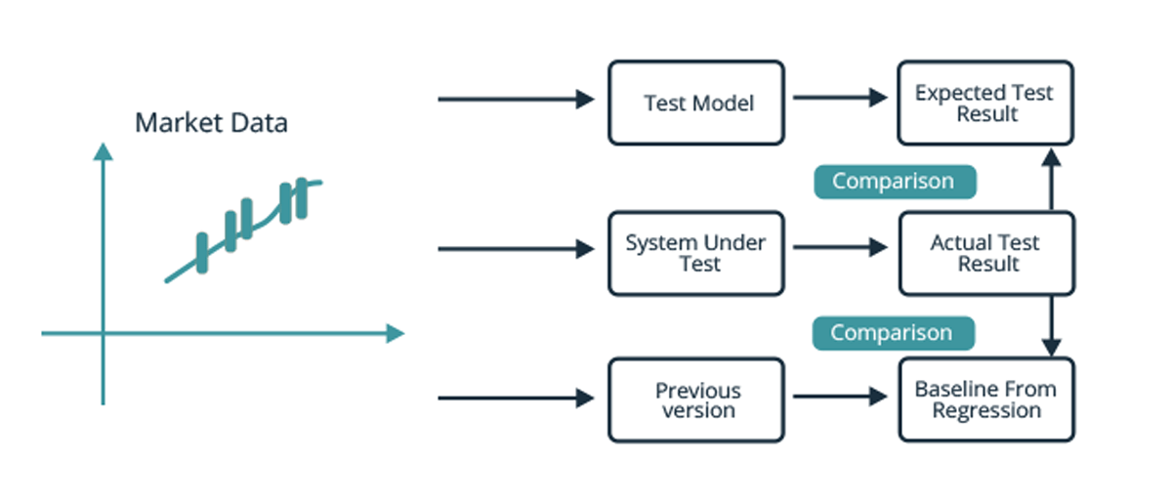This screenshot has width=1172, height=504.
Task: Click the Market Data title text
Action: [x=211, y=124]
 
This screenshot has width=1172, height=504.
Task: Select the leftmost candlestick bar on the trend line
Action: [x=202, y=253]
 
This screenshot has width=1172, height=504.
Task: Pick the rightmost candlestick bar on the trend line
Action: [x=301, y=198]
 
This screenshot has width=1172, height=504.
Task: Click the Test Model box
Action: [x=696, y=103]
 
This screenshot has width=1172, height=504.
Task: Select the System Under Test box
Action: [x=696, y=253]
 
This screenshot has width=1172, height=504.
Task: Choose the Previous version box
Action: [x=696, y=399]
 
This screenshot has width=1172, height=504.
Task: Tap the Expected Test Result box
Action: [x=985, y=103]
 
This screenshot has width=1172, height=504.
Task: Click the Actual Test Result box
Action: [x=985, y=253]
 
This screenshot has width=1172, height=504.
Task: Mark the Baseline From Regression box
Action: [x=985, y=399]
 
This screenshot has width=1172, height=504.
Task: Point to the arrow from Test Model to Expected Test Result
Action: [x=840, y=98]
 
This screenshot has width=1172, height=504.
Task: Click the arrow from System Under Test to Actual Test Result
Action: [x=840, y=248]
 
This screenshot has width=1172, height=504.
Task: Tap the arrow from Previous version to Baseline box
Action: [x=840, y=397]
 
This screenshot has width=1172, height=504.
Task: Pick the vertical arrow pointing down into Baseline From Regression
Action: [x=1051, y=327]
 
